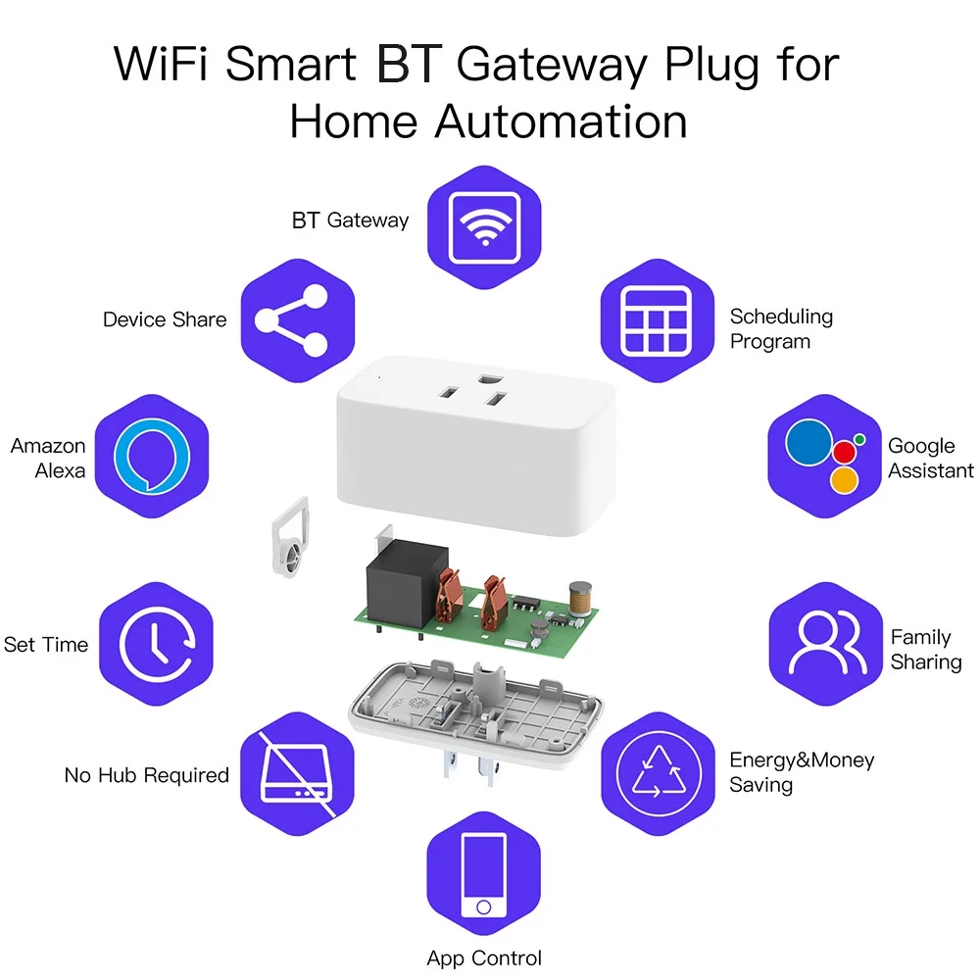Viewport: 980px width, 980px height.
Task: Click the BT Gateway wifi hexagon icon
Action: coord(484,228)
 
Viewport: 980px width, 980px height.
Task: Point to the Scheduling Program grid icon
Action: coord(658,320)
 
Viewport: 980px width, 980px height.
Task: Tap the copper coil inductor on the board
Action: coord(581,599)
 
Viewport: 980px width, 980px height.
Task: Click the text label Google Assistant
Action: coord(930,458)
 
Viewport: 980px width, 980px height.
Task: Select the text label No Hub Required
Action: coord(147,775)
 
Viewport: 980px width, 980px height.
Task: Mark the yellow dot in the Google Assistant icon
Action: coord(844,480)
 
